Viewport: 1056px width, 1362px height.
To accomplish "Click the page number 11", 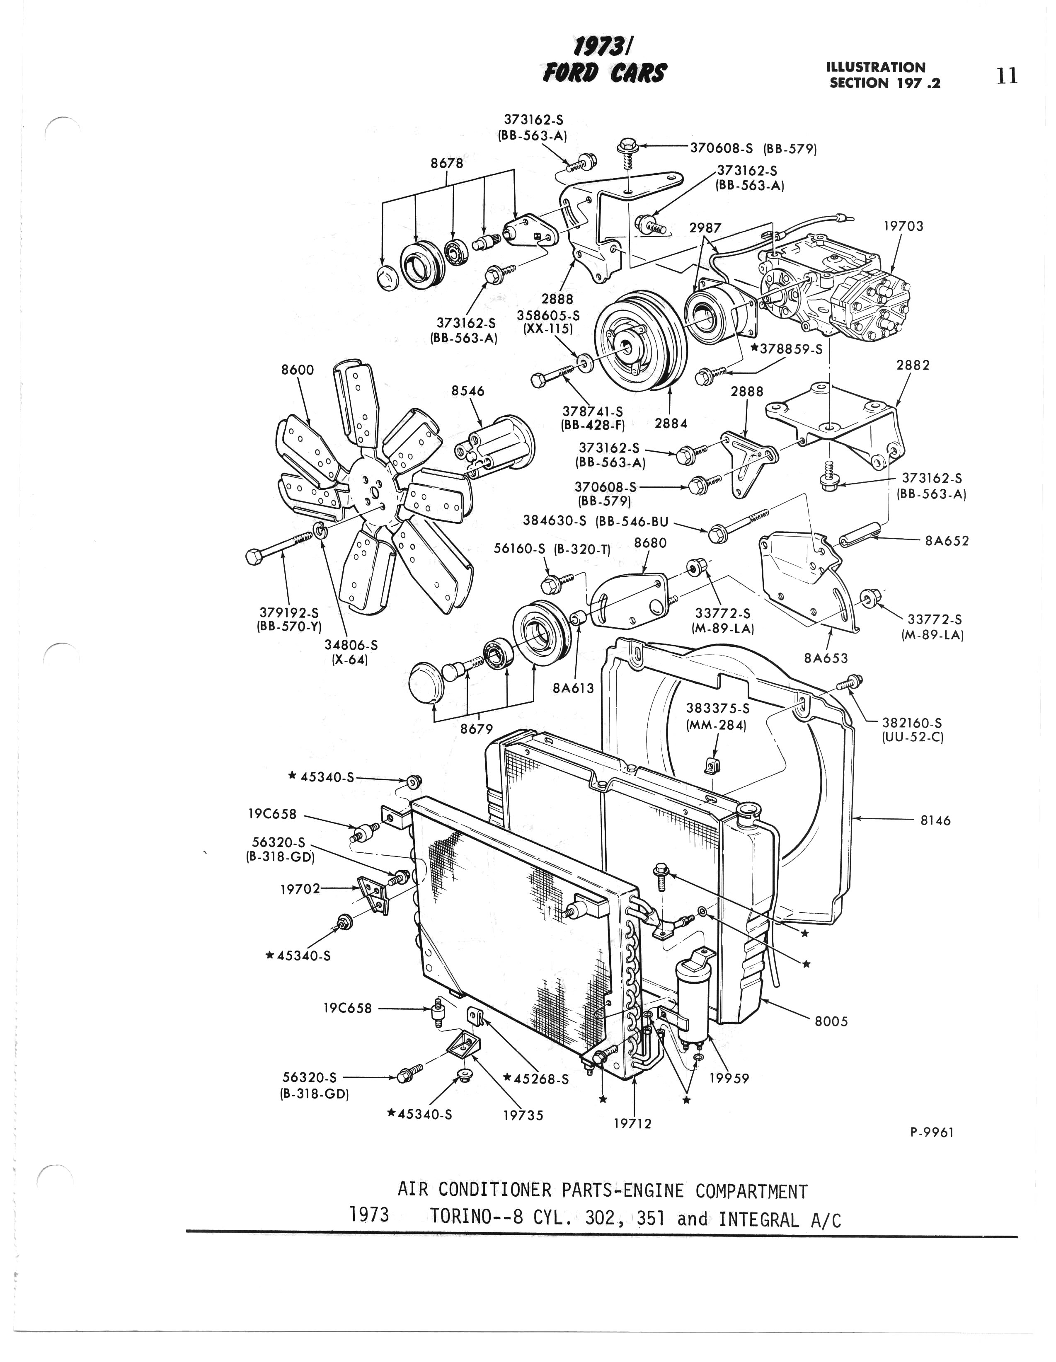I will (1007, 76).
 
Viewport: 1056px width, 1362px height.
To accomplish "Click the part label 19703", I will (903, 226).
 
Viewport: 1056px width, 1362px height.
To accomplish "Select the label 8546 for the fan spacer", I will (468, 391).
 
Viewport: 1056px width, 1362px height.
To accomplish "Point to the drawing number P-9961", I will (932, 1132).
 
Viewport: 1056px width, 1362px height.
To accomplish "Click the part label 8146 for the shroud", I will (936, 821).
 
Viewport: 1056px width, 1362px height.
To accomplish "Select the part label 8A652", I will (947, 541).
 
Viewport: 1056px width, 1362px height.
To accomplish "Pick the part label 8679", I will (477, 728).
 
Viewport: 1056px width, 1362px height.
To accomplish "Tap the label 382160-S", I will (912, 723).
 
